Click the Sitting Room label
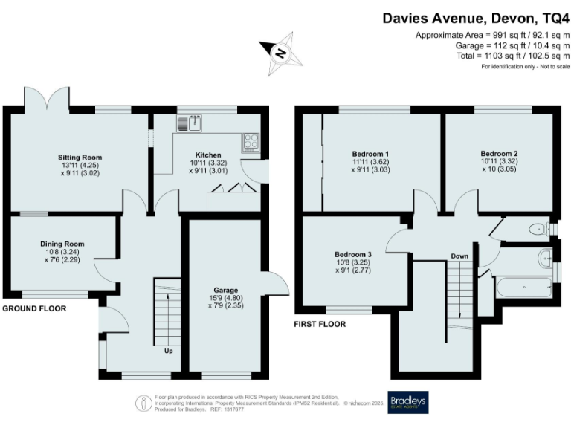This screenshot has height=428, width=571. pyautogui.click(x=80, y=158)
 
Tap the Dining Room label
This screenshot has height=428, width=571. pyautogui.click(x=62, y=244)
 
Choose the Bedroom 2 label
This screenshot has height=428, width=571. pyautogui.click(x=499, y=154)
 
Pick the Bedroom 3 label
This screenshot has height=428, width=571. pyautogui.click(x=353, y=255)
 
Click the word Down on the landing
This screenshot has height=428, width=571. pyautogui.click(x=459, y=256)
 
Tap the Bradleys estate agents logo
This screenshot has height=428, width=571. pyautogui.click(x=408, y=402)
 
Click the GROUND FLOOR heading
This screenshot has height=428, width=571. pyautogui.click(x=34, y=308)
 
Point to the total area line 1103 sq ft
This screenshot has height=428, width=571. pyautogui.click(x=514, y=56)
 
